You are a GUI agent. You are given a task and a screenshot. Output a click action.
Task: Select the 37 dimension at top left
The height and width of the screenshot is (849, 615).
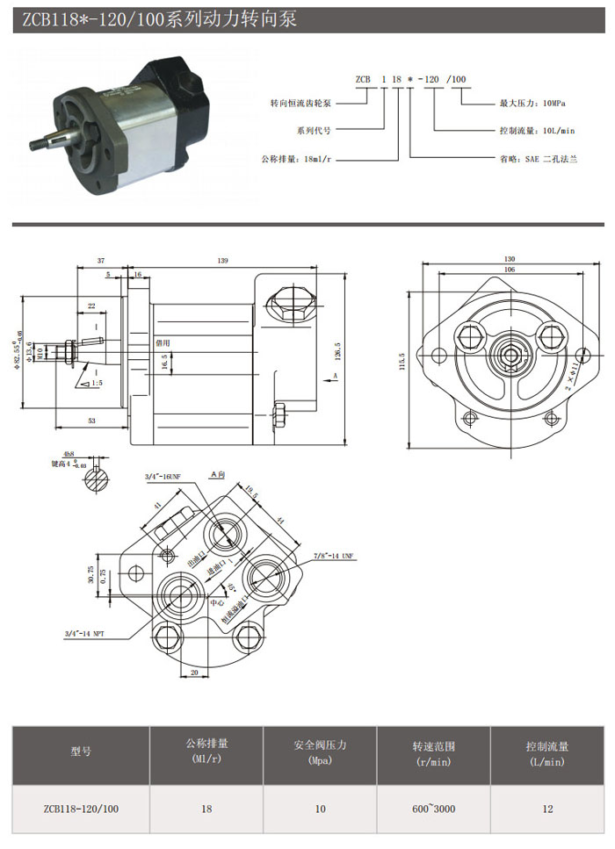pos(101,261)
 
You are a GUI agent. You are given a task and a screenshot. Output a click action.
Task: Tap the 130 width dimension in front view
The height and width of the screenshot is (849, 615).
pos(510,259)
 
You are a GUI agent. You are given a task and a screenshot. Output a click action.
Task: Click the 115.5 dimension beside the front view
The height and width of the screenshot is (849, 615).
pos(402,360)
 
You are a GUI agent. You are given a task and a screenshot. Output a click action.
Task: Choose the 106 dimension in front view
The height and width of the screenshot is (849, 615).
pos(510,270)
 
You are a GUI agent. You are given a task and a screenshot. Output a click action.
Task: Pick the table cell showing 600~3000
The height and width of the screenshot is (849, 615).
pos(432,809)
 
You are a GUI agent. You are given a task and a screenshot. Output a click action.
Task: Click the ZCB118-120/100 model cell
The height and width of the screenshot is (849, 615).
pos(81,809)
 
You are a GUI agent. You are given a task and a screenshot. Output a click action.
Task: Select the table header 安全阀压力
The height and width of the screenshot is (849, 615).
pos(320,745)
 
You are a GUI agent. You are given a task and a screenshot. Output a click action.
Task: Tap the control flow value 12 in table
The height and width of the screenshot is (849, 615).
pos(547,809)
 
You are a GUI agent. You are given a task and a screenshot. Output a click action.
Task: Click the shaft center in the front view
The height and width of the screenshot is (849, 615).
pos(510,354)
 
